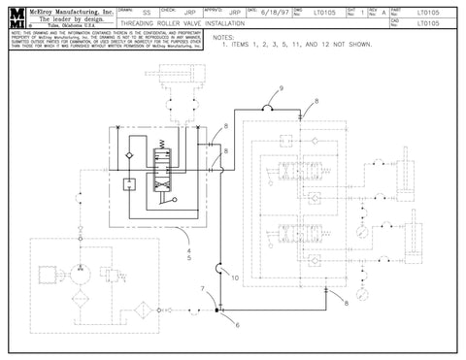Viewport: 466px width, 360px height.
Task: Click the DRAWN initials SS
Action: (x=146, y=14)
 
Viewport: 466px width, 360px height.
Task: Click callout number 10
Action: (x=235, y=278)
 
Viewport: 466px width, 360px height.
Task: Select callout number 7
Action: (x=201, y=290)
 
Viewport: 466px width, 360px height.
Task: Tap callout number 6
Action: (x=235, y=325)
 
